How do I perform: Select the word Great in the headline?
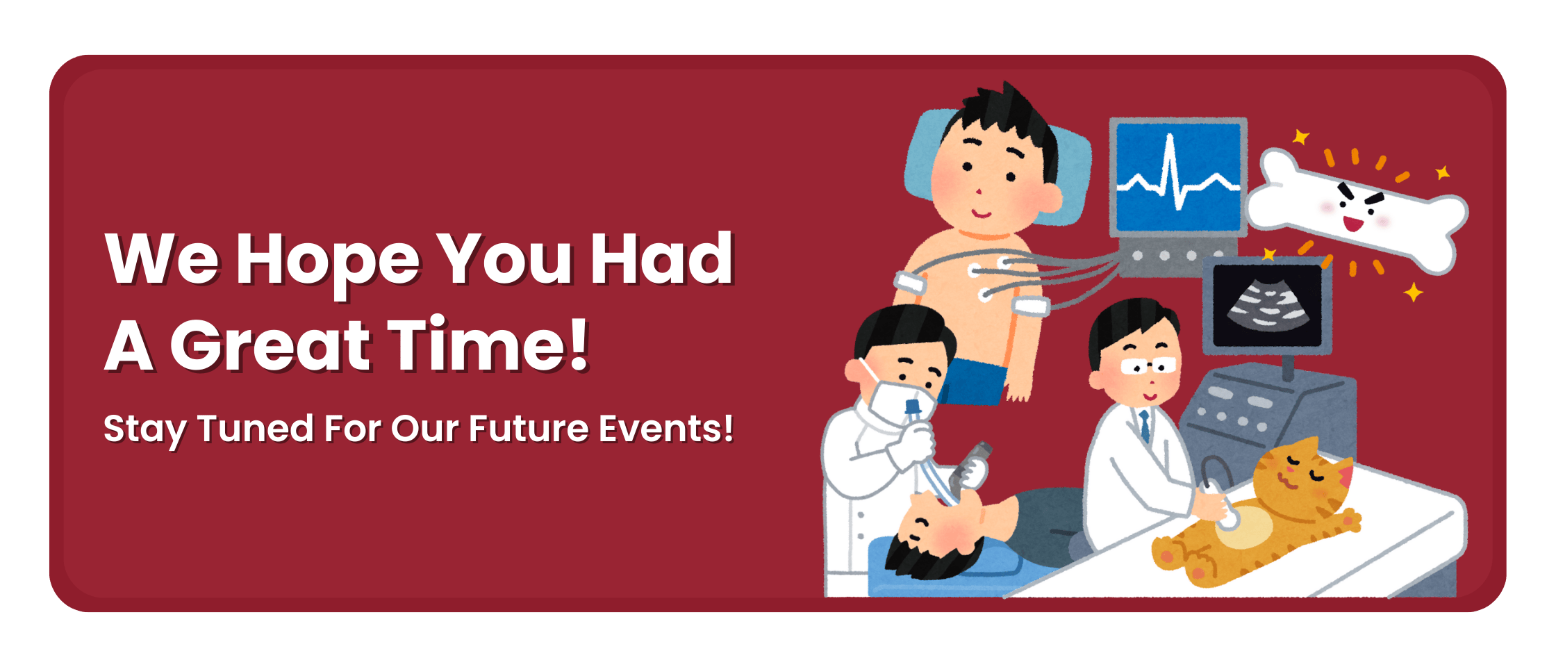[x=271, y=345]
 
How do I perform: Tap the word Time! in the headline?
[x=488, y=344]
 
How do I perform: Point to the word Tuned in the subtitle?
[x=255, y=428]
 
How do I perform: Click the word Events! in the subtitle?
[x=666, y=428]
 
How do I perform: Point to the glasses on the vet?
[x=1147, y=365]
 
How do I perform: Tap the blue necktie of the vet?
[x=1143, y=425]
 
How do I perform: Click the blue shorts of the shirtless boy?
[x=972, y=381]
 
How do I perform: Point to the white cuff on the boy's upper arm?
[x=1031, y=305]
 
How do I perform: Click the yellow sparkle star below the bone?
[x=1413, y=292]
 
